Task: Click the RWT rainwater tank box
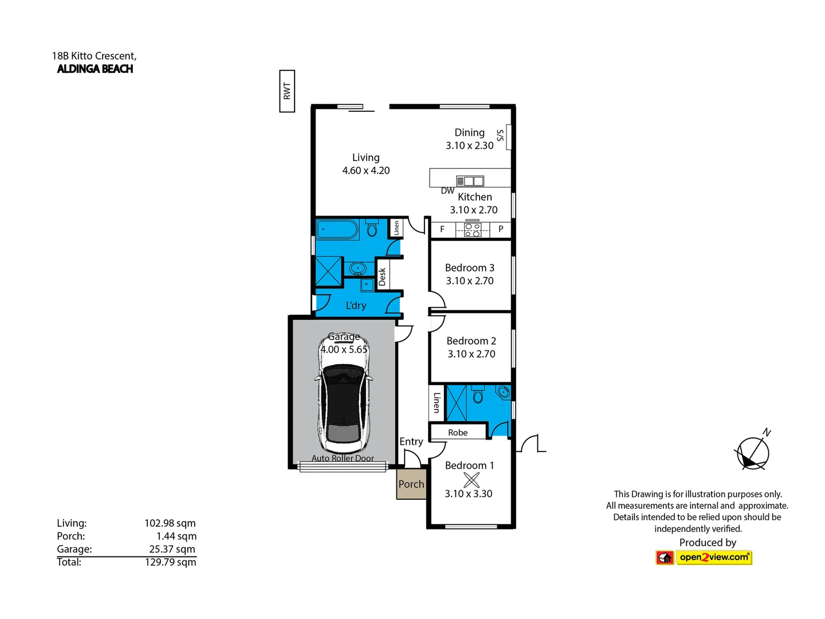point(287,91)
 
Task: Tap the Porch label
point(411,484)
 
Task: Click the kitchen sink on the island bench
point(470,181)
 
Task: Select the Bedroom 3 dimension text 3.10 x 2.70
point(470,281)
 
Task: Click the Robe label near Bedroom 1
point(458,433)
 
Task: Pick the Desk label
point(382,277)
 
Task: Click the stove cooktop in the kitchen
point(473,230)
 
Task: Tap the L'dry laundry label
point(356,305)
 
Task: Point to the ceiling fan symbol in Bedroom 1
point(471,480)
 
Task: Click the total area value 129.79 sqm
point(170,562)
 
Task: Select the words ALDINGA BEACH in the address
point(95,69)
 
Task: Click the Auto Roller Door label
point(343,459)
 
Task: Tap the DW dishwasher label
point(447,191)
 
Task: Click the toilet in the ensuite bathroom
point(477,395)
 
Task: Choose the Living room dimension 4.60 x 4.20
point(366,171)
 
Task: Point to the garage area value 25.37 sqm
point(172,549)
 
